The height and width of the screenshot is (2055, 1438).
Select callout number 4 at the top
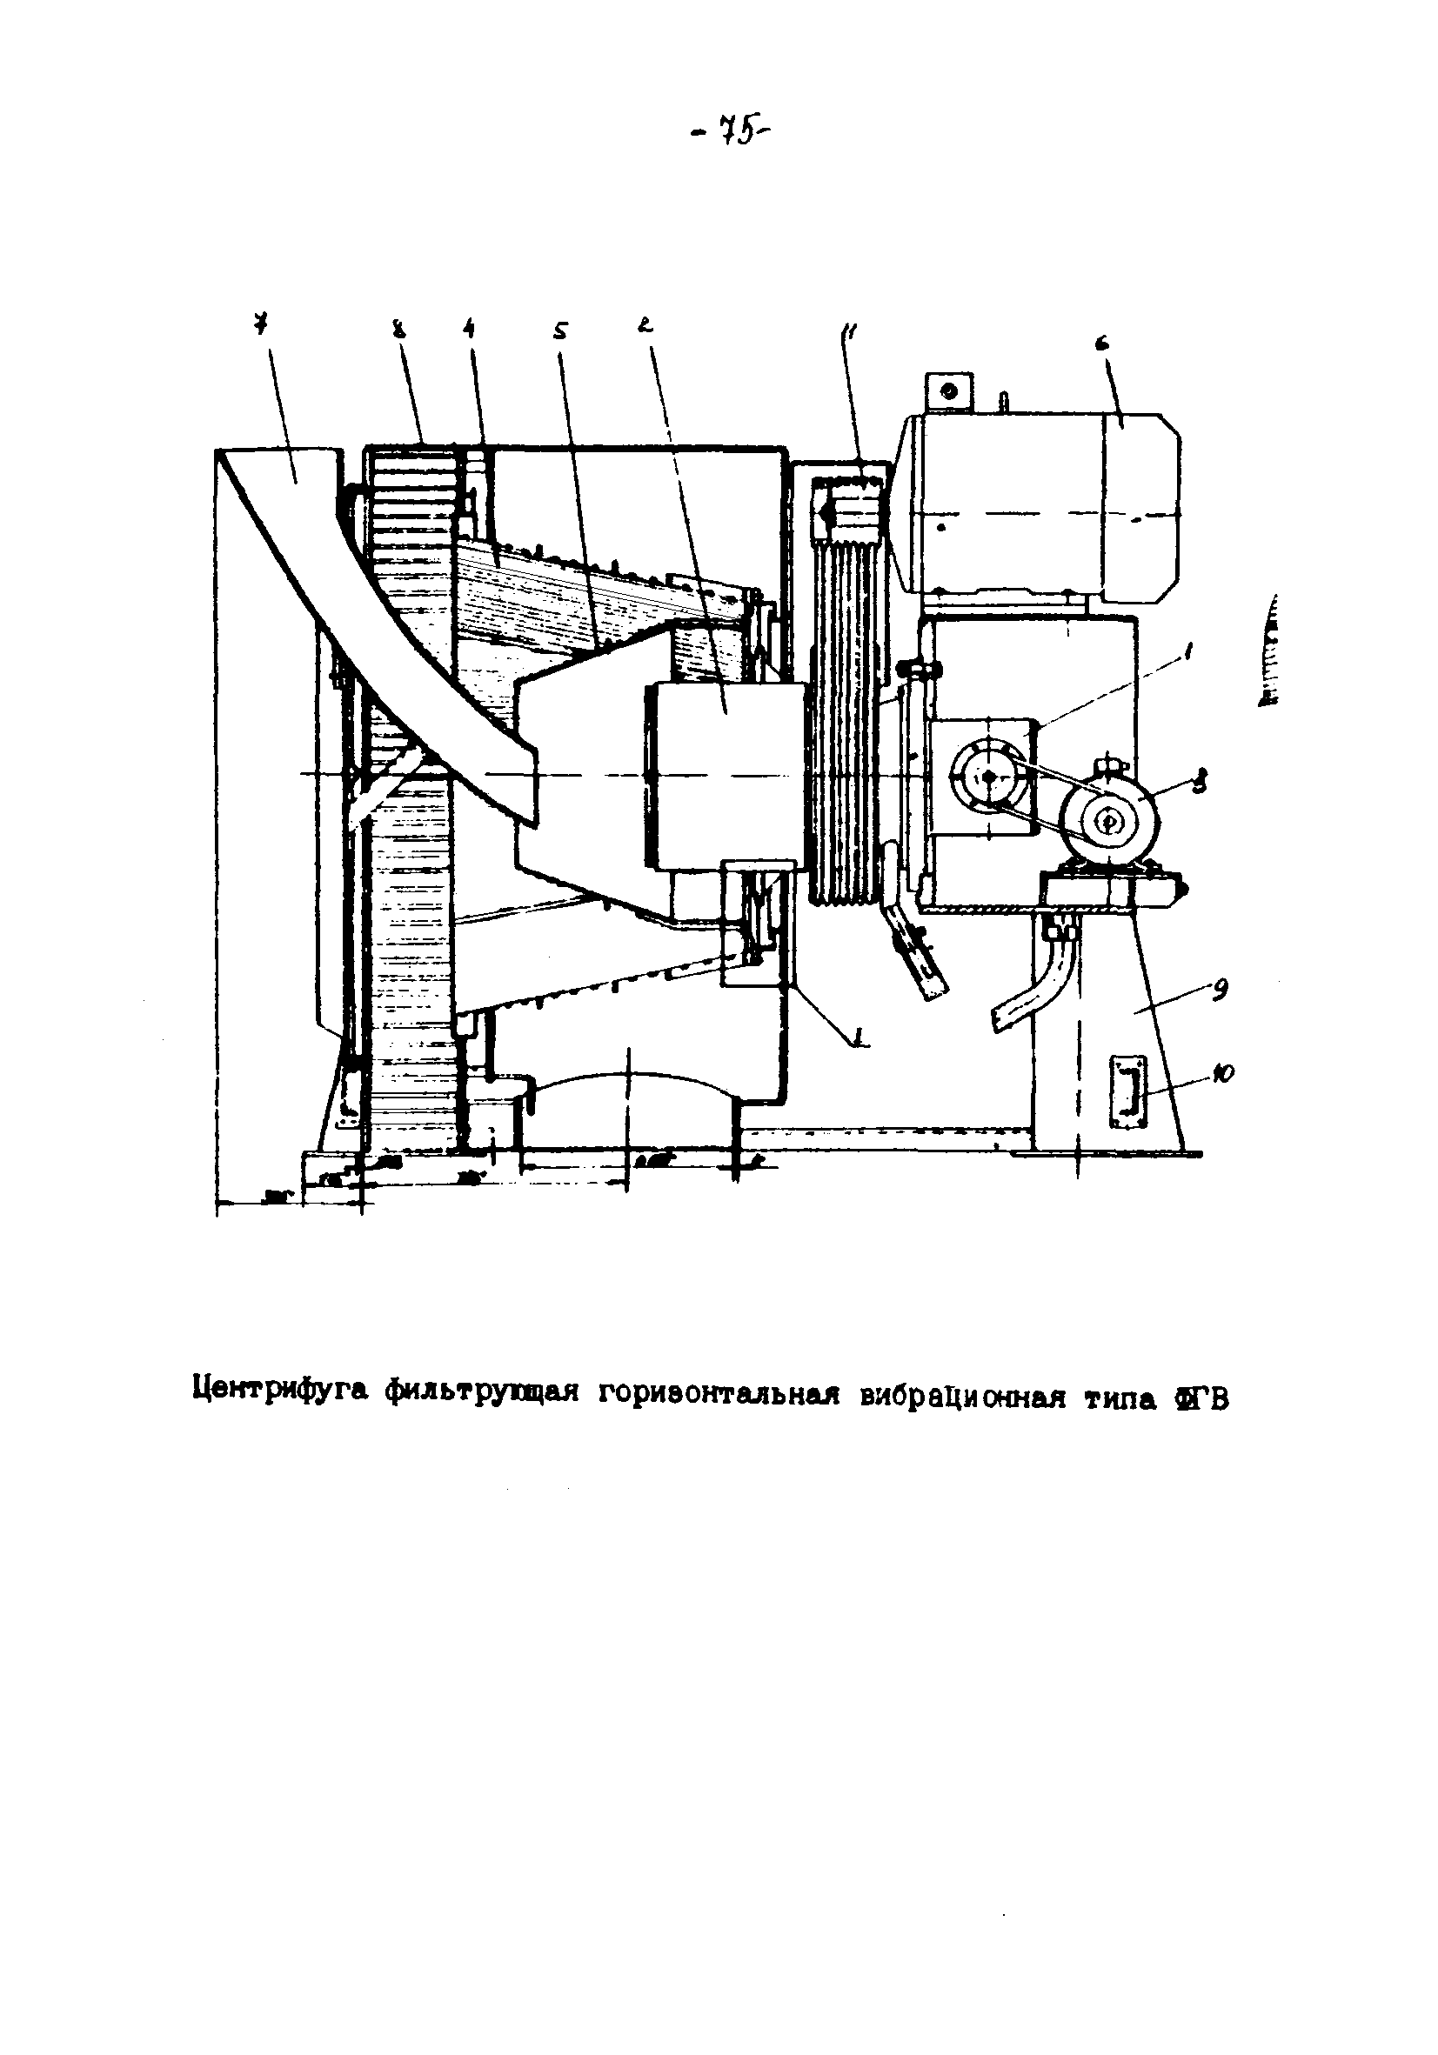468,330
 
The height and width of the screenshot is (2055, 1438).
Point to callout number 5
559,331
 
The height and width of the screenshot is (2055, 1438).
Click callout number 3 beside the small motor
1200,784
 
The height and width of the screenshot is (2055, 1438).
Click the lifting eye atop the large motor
949,390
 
